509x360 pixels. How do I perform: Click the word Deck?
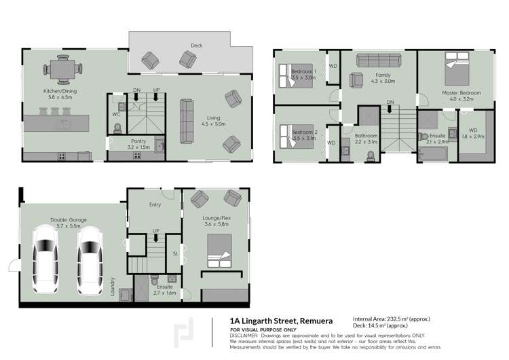click(196, 46)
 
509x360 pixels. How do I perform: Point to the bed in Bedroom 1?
click(291, 75)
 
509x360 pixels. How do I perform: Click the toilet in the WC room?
click(117, 127)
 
